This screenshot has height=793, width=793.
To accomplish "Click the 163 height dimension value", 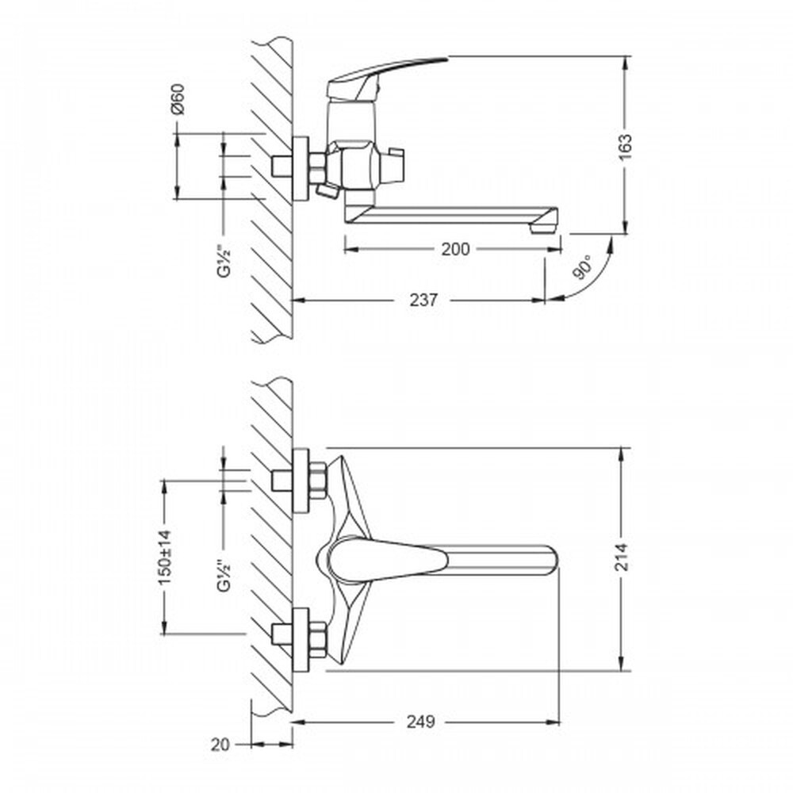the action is click(x=625, y=147).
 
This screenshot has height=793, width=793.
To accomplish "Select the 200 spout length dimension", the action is click(x=455, y=249).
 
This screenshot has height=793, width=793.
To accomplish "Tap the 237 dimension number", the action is click(x=423, y=300).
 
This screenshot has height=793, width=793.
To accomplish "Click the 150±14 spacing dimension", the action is click(x=166, y=557).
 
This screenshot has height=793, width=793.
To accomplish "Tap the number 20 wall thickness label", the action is click(x=220, y=745).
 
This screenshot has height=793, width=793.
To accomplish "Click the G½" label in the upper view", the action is click(x=223, y=260).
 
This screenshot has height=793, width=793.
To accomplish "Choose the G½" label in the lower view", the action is click(x=223, y=575).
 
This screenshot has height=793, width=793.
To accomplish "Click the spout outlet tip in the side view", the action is click(x=544, y=228).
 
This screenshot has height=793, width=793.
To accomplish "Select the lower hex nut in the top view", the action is click(x=317, y=640).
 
